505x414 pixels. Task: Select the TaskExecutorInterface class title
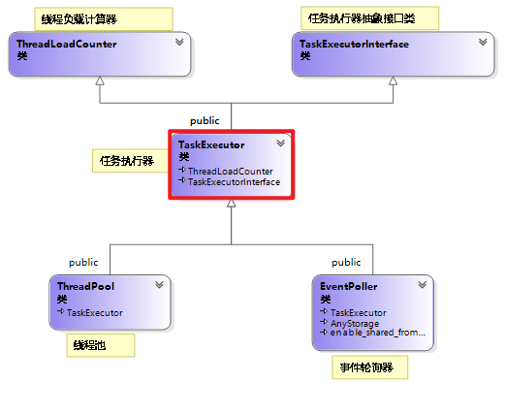coord(354,44)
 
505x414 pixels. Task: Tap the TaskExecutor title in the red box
coord(211,144)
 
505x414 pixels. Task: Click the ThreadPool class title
coord(86,288)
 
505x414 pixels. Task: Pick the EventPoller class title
coord(348,288)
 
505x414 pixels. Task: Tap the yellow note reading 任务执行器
coord(127,160)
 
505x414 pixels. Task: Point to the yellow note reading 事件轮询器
coord(368,367)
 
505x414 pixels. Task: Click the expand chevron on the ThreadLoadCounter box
coord(179,42)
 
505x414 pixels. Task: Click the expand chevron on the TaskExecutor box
coord(280,143)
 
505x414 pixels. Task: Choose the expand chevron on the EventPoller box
coord(422,286)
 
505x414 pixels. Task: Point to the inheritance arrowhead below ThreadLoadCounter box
coord(100,81)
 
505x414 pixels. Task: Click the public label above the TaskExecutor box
coord(205,120)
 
